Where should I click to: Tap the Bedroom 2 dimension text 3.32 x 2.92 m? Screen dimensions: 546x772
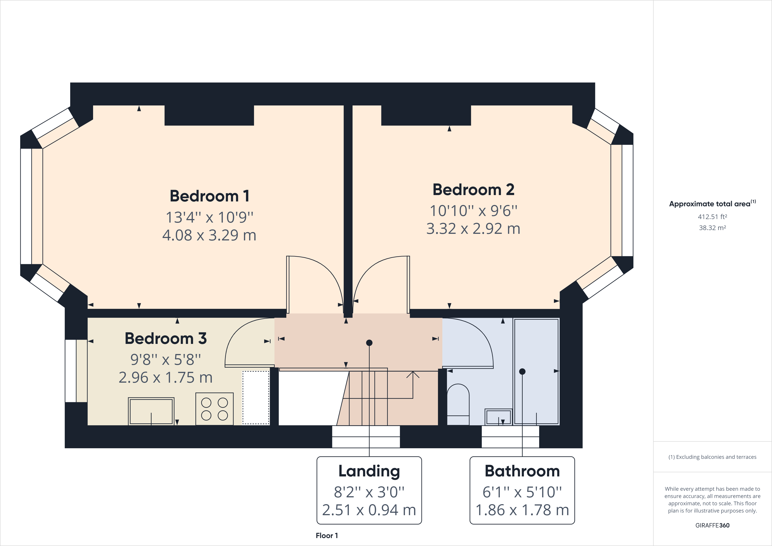click(x=473, y=229)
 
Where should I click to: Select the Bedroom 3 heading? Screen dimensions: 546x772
click(x=165, y=338)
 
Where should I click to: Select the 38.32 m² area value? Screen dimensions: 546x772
click(x=712, y=228)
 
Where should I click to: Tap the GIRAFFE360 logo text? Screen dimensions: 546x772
click(x=712, y=525)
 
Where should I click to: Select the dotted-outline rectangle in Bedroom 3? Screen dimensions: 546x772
click(x=256, y=397)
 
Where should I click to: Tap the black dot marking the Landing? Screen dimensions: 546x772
click(x=369, y=343)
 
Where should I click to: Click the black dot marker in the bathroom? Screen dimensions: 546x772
click(x=522, y=371)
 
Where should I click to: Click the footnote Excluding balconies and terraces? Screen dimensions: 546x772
click(x=712, y=457)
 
